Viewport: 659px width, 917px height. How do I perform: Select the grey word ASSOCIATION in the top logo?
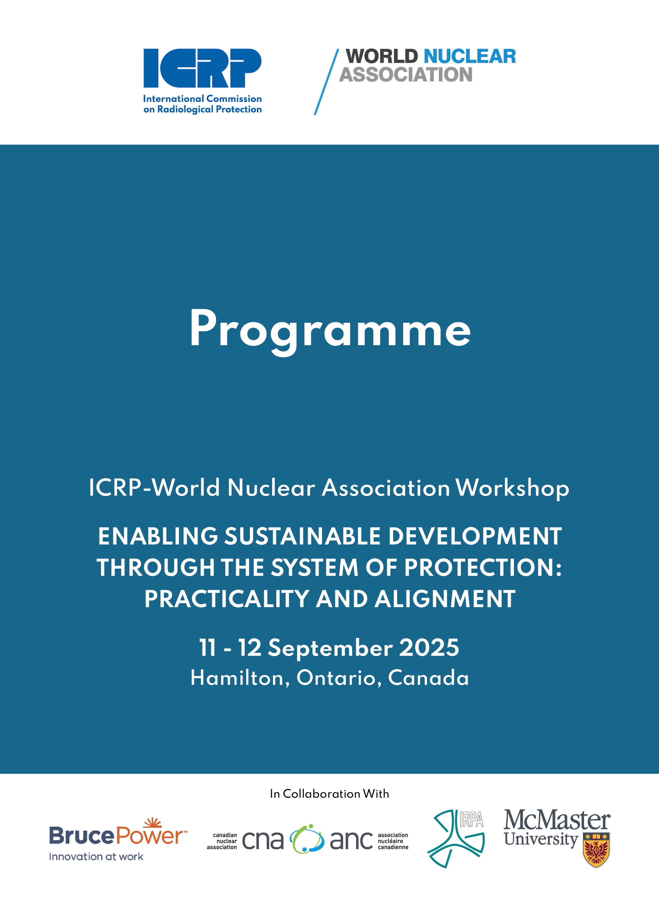[x=406, y=74]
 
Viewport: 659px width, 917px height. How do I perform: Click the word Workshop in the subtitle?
[x=513, y=488]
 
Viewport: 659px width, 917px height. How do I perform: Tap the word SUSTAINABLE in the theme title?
[x=302, y=536]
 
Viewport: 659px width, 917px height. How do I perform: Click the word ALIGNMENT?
[x=445, y=599]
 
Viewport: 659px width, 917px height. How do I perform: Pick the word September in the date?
[x=330, y=648]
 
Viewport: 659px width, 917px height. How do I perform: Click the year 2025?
[x=429, y=647]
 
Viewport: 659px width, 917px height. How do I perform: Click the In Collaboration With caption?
[x=329, y=794]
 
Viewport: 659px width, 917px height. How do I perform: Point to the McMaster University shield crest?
[x=596, y=850]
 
